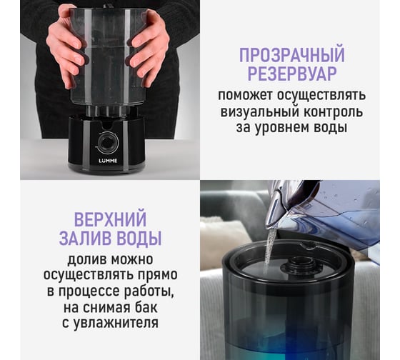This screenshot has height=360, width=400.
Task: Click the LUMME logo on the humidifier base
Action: coord(108,161)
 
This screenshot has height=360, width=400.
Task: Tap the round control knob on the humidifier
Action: coord(106,141)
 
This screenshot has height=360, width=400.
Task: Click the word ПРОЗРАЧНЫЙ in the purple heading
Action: coord(292,55)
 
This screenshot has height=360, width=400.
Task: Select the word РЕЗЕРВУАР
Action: coord(292,74)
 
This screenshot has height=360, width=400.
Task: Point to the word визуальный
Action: coord(258,112)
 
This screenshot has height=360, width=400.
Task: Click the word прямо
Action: coord(158,276)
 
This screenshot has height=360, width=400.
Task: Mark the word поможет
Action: coord(244,96)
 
